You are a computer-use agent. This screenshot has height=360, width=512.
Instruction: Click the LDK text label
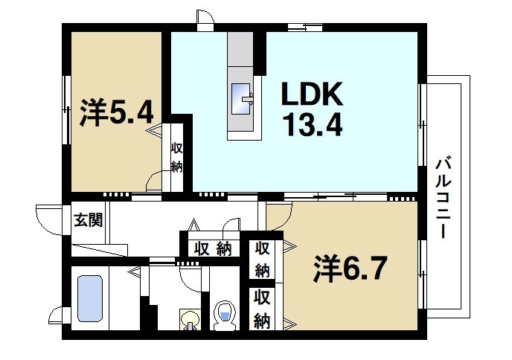pyautogui.click(x=311, y=94)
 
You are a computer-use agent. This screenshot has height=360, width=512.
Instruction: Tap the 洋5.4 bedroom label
pyautogui.click(x=117, y=112)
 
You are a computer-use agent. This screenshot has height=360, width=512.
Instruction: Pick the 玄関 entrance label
pyautogui.click(x=87, y=220)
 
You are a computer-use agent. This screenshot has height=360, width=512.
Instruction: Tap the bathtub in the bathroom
pyautogui.click(x=90, y=298)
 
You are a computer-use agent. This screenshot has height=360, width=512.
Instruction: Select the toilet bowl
pyautogui.click(x=224, y=315)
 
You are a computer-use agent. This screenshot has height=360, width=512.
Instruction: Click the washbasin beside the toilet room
pyautogui.click(x=191, y=321)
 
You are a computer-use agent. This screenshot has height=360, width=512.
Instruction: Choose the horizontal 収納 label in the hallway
pyautogui.click(x=213, y=248)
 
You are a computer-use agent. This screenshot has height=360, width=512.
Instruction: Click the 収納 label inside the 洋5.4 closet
pyautogui.click(x=176, y=157)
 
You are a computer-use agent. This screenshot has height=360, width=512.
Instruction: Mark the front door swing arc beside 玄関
pyautogui.click(x=47, y=219)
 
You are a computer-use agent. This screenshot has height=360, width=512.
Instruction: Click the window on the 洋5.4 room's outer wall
pyautogui.click(x=66, y=109)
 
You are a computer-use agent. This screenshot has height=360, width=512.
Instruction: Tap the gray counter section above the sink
pyautogui.click(x=241, y=53)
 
